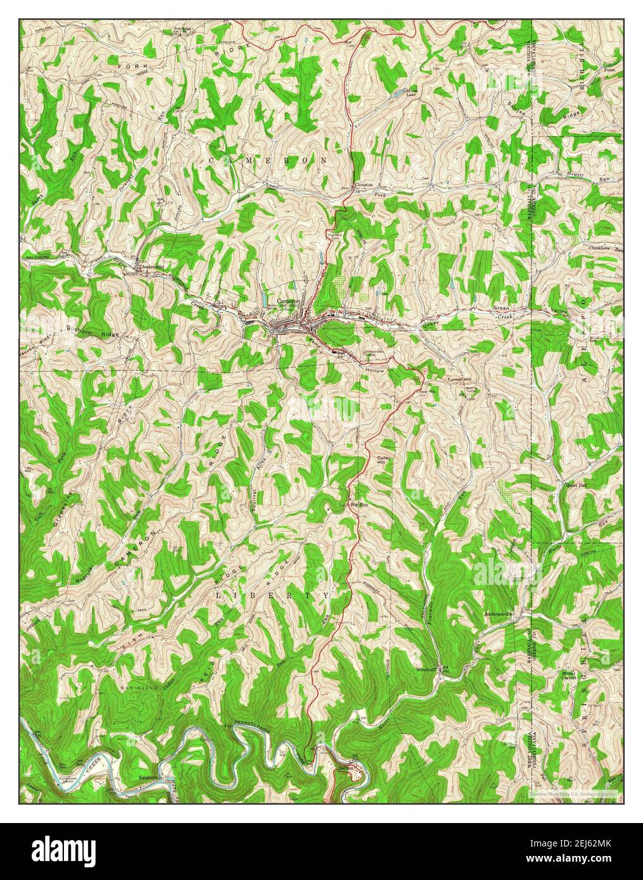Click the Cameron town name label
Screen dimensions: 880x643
click(287, 301)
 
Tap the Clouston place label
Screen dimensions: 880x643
click(364, 185)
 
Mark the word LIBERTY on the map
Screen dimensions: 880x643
click(273, 596)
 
